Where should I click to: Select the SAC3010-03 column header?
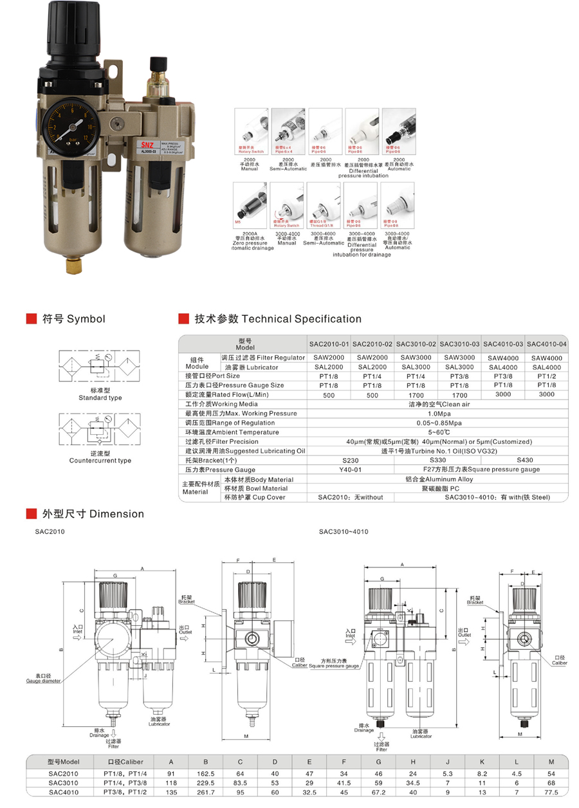[459, 344]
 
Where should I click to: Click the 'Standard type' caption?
[100, 398]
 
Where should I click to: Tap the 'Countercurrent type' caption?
[100, 461]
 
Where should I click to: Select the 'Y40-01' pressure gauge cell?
[351, 470]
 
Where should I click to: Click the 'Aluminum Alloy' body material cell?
[439, 479]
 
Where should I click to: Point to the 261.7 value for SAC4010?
[205, 792]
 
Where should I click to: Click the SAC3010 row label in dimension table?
[63, 782]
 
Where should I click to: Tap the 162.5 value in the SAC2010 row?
[205, 773]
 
